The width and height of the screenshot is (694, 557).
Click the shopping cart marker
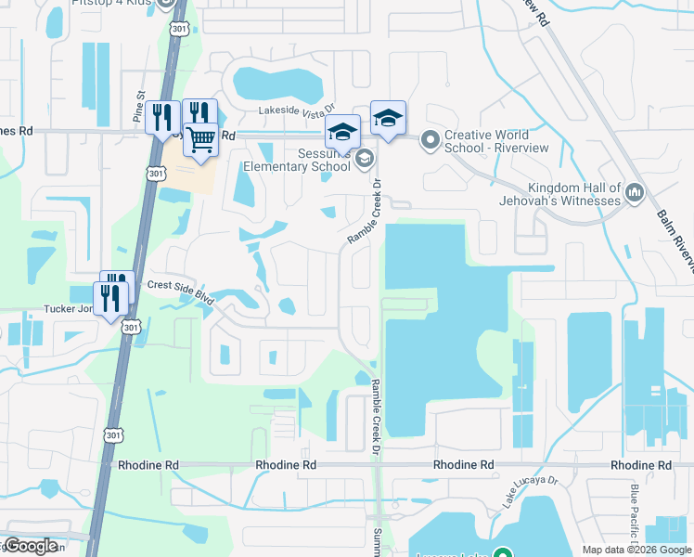(x=201, y=140)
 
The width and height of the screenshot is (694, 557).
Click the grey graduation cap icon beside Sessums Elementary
(x=365, y=161)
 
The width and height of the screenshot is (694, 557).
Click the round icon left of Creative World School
(x=429, y=141)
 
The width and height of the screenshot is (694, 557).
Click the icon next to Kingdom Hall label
(x=636, y=193)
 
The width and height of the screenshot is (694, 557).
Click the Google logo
(x=30, y=546)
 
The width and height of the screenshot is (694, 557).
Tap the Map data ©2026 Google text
(x=636, y=550)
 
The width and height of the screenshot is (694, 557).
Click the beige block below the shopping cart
(x=191, y=175)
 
